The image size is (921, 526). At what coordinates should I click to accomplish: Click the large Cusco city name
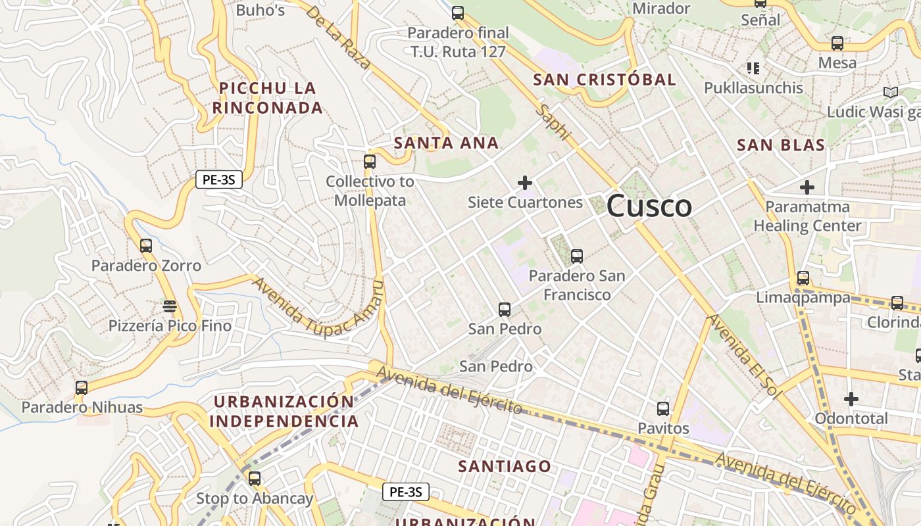coord(649,206)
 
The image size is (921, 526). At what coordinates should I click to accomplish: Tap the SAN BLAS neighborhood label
coord(781,145)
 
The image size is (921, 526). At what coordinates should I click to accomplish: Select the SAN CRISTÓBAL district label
coord(604,80)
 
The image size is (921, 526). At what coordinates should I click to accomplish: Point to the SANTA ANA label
coord(446,143)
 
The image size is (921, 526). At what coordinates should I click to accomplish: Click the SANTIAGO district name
coord(505,466)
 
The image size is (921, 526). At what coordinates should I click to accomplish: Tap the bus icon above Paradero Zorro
coord(146,246)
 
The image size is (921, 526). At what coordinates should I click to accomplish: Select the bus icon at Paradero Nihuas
coord(82,388)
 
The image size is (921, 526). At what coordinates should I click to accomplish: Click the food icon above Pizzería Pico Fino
coord(170,306)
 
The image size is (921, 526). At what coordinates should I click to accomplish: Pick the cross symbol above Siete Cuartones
coord(525,182)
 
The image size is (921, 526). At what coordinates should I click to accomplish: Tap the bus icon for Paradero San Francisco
coord(577,256)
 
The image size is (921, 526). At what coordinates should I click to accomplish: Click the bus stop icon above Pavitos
coord(663,409)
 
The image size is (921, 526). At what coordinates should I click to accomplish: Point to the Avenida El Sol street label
coord(743,356)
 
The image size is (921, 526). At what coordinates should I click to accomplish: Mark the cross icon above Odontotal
coord(851,399)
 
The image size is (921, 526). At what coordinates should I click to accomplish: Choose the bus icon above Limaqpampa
coord(803,277)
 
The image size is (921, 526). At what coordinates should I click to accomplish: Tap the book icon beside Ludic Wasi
coord(891,93)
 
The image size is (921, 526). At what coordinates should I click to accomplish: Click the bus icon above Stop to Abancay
coord(255,479)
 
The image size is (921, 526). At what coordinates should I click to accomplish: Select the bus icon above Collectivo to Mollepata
coord(370,161)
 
